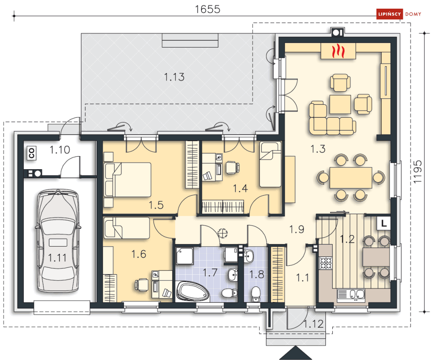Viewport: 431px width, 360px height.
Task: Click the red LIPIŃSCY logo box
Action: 389,14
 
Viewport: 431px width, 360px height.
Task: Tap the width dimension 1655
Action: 207,10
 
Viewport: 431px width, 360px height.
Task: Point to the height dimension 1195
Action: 417,172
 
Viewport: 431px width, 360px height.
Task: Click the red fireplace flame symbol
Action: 338,51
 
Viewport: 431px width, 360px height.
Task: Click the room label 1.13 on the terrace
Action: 174,77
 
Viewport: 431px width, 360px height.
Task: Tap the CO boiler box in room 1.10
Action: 32,153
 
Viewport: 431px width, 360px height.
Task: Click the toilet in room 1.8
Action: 256,294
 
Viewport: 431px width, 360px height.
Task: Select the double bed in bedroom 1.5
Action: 127,180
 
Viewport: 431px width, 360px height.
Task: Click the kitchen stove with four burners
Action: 326,263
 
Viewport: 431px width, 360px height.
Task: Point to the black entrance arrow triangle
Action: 295,353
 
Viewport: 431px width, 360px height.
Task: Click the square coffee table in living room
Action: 340,104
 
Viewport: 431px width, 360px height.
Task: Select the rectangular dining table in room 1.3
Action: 351,177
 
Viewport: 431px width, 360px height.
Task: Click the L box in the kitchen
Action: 384,223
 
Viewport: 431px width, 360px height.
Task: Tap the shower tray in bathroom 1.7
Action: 185,256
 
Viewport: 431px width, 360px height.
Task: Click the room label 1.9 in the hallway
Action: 297,229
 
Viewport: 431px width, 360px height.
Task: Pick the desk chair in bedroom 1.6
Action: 142,285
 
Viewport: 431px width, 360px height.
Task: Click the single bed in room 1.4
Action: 270,164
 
